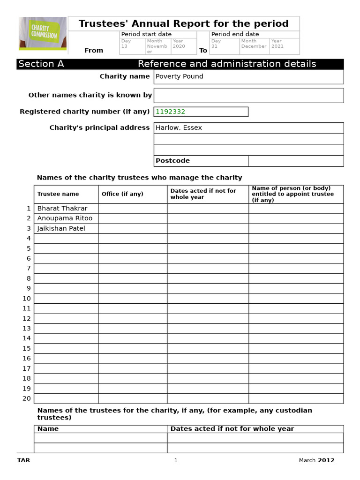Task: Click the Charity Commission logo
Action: [43, 33]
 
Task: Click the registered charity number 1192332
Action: [170, 112]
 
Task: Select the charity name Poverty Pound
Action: [179, 76]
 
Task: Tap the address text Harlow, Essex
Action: [179, 127]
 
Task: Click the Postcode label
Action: [172, 161]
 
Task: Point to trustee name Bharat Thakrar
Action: [62, 208]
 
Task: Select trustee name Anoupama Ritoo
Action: [65, 218]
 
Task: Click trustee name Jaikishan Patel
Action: [61, 228]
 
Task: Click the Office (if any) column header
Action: [122, 194]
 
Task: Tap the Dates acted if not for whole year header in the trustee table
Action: [203, 194]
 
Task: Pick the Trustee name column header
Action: [58, 194]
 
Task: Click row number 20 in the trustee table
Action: [27, 398]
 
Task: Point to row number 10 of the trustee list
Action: [27, 299]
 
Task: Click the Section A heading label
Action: [41, 64]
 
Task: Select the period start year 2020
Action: [179, 46]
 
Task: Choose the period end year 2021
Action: [277, 46]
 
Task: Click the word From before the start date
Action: [93, 51]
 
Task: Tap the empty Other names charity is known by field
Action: [248, 95]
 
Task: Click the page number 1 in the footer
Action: [176, 460]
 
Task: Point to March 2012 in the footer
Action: [316, 460]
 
